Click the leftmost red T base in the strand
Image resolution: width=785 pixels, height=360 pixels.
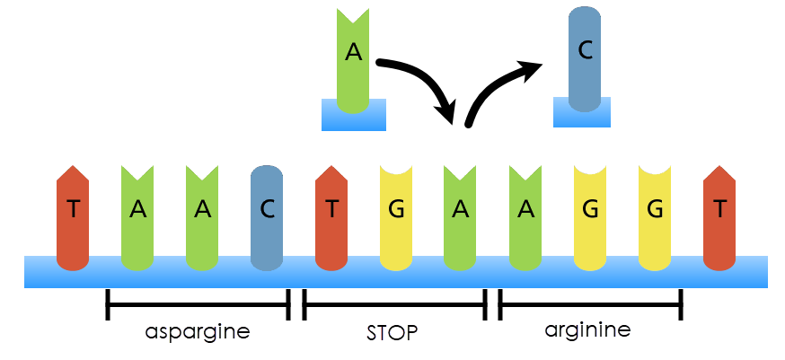click(73, 215)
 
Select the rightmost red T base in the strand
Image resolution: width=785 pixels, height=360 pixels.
click(719, 215)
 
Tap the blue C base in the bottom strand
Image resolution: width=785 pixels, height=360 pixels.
click(267, 215)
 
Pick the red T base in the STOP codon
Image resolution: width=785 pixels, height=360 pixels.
click(332, 215)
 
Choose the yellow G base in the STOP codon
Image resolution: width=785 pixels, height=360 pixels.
click(397, 215)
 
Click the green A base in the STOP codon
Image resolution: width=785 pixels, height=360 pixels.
click(461, 215)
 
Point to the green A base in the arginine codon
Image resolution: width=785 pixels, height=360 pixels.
click(525, 215)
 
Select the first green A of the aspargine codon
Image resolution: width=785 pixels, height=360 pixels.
click(137, 215)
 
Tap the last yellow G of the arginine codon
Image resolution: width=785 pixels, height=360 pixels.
click(655, 215)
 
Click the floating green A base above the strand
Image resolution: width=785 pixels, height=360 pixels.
click(353, 58)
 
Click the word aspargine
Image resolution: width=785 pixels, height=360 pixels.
click(198, 332)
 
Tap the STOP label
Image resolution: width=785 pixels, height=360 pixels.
click(392, 333)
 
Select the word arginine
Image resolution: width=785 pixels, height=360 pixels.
click(587, 330)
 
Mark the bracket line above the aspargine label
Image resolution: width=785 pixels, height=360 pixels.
click(198, 303)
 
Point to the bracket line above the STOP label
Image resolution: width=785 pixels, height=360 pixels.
click(394, 303)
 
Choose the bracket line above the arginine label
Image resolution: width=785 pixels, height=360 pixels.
click(590, 303)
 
